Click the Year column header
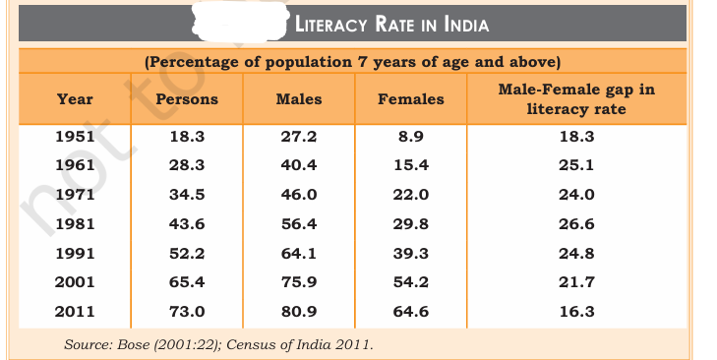click(x=75, y=99)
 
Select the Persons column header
click(x=187, y=99)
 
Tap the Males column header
click(x=299, y=99)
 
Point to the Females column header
click(x=411, y=99)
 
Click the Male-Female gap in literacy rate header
click(x=576, y=98)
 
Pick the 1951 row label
click(x=75, y=137)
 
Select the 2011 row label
click(x=75, y=312)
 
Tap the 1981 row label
click(x=75, y=224)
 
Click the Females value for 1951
click(x=411, y=137)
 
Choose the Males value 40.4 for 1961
click(x=299, y=164)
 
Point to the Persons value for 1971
click(x=187, y=195)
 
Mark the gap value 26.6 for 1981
click(x=576, y=224)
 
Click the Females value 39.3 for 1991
click(x=411, y=254)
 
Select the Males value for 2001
click(x=299, y=281)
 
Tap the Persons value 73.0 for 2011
click(x=187, y=312)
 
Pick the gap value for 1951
click(x=576, y=137)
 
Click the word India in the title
click(x=466, y=25)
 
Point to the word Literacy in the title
click(x=330, y=25)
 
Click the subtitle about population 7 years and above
click(x=352, y=62)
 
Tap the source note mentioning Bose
click(x=218, y=344)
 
